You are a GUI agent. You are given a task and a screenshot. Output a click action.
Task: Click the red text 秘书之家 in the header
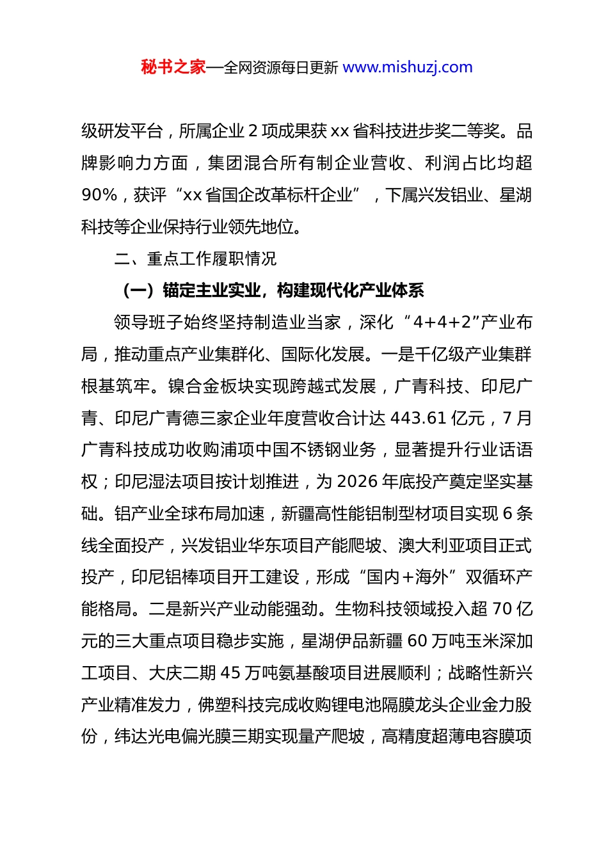point(173,67)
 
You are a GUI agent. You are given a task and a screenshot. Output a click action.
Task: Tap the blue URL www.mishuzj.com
point(408,67)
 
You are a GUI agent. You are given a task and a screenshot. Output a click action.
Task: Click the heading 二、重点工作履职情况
point(195,259)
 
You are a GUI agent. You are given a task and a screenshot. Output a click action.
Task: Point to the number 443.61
point(418,418)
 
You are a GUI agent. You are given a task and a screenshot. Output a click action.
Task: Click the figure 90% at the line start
point(99,195)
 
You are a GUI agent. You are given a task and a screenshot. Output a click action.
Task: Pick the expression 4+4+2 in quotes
point(445,322)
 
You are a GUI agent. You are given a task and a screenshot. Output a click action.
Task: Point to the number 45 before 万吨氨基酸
point(230,673)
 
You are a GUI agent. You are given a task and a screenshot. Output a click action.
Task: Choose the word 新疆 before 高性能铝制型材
point(298,513)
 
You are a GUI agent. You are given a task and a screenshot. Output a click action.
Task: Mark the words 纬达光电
point(148,737)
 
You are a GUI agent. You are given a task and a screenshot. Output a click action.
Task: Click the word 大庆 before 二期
point(165,673)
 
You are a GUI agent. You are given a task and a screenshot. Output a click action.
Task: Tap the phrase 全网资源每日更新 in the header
point(280,67)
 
